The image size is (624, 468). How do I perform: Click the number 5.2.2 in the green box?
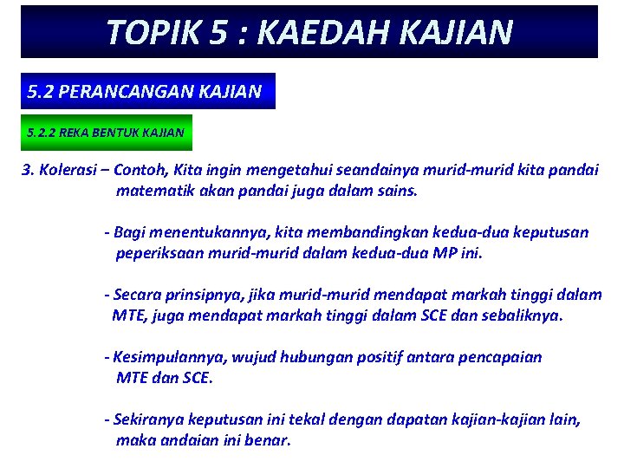[43, 133]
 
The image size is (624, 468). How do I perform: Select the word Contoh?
[141, 169]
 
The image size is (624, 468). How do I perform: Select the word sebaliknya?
[521, 315]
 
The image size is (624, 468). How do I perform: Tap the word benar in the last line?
[268, 440]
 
